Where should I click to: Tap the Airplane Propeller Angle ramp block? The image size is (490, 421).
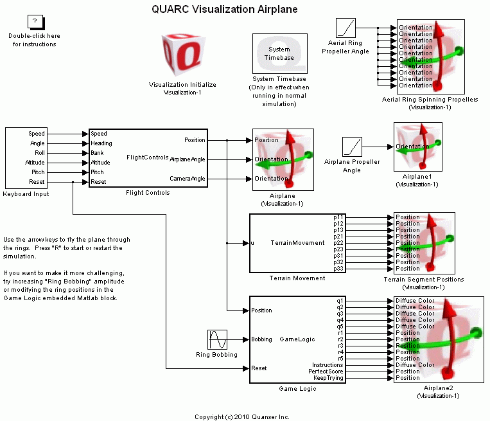point(352,147)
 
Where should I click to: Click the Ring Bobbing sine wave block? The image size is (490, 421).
point(217,339)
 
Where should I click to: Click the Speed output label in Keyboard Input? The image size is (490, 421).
point(37,134)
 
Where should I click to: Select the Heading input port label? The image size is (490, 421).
point(101,143)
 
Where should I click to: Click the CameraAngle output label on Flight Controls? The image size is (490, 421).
point(188,179)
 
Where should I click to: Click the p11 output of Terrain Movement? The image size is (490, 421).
point(338,217)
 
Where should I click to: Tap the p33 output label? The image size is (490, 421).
point(338,269)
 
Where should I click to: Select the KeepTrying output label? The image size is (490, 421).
point(329,378)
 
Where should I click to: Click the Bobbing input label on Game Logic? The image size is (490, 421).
point(261,339)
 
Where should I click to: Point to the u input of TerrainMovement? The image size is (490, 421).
point(252,243)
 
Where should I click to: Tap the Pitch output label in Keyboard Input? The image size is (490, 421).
point(37,172)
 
